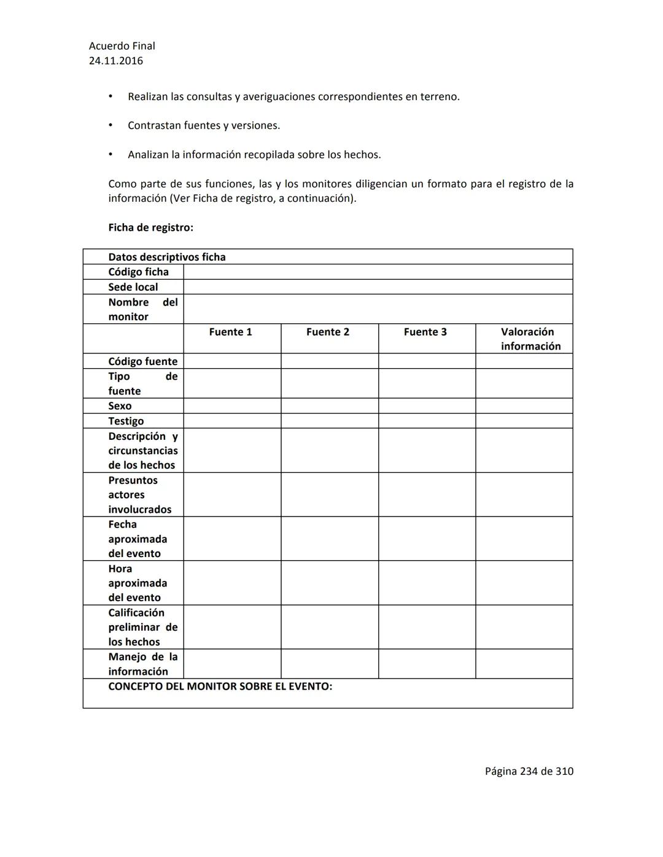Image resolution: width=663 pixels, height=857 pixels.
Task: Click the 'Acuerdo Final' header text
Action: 122,46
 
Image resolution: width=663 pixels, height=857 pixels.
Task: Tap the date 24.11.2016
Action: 115,61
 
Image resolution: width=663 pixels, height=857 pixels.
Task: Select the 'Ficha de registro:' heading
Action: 150,228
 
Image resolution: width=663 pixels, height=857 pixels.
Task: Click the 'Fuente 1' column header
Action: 230,332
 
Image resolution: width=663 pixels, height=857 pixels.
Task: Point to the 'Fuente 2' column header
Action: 328,332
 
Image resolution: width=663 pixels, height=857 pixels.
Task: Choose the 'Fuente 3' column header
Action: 425,332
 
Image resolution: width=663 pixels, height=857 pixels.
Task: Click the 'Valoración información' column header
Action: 530,339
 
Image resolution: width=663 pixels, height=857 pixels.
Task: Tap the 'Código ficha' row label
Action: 138,272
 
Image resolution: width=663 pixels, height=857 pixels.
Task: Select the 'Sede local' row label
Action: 133,287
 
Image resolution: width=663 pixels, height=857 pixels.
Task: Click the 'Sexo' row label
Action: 120,406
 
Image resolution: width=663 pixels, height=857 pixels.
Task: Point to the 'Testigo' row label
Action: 126,421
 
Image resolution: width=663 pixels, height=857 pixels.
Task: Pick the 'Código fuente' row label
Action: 142,361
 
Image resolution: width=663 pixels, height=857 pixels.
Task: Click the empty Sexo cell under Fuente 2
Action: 330,406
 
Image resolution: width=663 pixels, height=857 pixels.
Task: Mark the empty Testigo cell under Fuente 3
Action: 427,421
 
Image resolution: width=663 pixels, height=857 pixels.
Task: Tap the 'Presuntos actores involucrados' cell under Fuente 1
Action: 232,494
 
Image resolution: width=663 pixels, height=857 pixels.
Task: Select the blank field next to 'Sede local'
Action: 378,287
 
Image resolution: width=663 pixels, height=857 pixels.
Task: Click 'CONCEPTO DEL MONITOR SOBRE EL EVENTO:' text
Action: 220,686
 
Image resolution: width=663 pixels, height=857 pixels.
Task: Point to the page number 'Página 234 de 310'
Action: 529,771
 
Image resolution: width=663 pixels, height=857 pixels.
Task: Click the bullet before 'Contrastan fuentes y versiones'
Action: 110,126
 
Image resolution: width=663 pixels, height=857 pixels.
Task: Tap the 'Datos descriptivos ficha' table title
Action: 166,257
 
